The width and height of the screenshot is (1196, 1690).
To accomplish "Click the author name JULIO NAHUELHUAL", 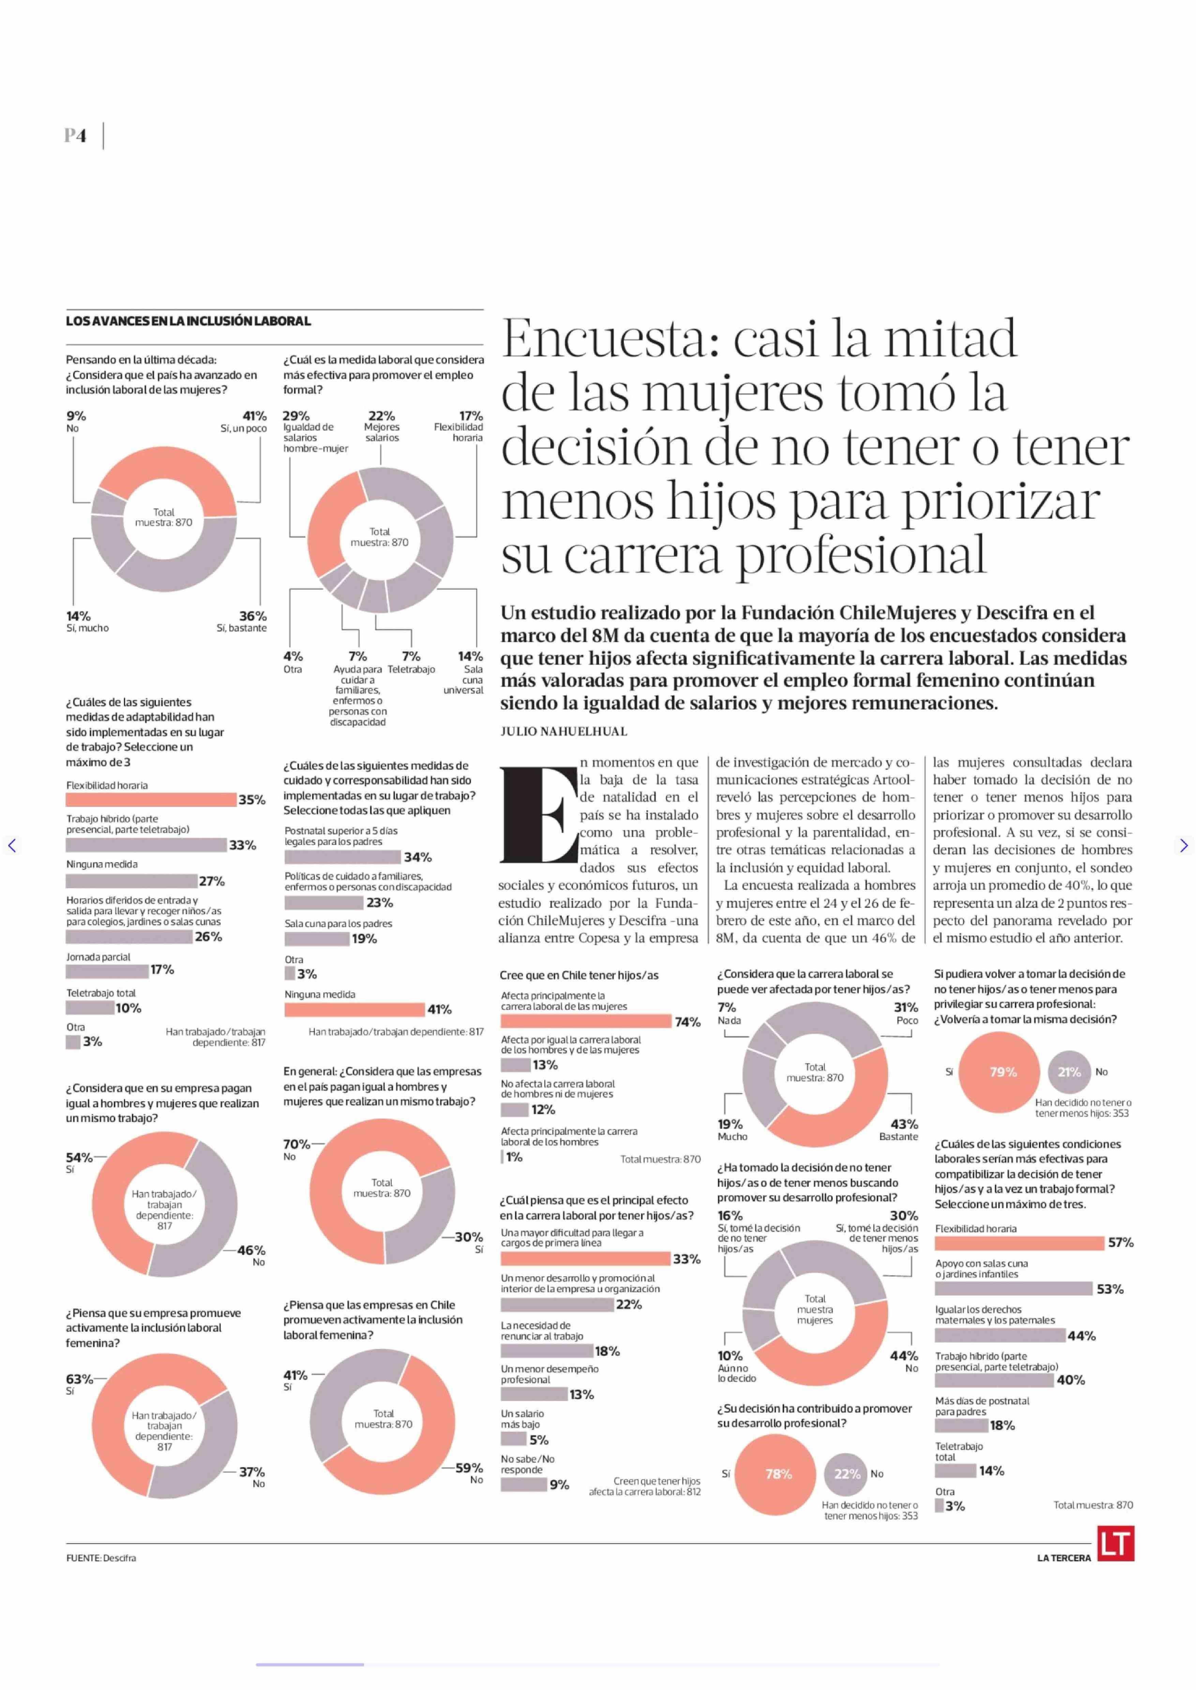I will pos(563,731).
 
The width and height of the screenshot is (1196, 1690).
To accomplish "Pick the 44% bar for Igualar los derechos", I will pos(999,1335).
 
